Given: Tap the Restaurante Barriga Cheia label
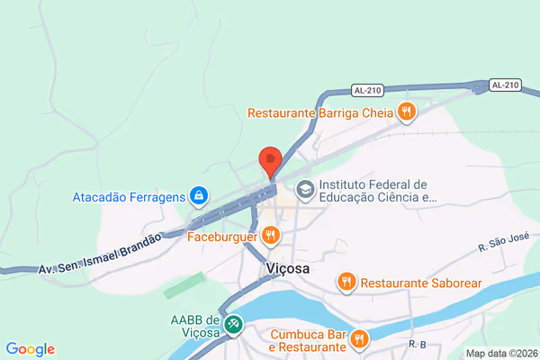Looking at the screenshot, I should click(x=321, y=112).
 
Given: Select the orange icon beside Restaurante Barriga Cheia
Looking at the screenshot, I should click(x=407, y=112).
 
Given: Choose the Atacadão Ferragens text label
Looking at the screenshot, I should click(x=130, y=195).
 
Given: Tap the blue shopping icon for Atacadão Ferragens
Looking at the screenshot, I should click(x=199, y=195).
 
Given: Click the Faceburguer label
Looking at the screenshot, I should click(x=222, y=238).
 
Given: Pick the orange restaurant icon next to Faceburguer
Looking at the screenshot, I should click(x=271, y=238).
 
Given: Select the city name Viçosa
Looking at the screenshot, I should click(x=288, y=268).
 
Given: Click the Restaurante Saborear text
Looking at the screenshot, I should click(x=421, y=283).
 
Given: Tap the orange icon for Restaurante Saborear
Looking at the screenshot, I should click(x=346, y=283).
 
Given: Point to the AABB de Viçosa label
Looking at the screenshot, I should click(x=195, y=326).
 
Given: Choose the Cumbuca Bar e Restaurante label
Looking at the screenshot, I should click(x=309, y=340).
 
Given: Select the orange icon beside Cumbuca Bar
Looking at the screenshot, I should click(x=359, y=339).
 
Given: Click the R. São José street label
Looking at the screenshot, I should click(x=502, y=244).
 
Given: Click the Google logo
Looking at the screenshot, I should click(x=30, y=349).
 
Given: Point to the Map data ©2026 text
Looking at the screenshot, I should click(x=500, y=353).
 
